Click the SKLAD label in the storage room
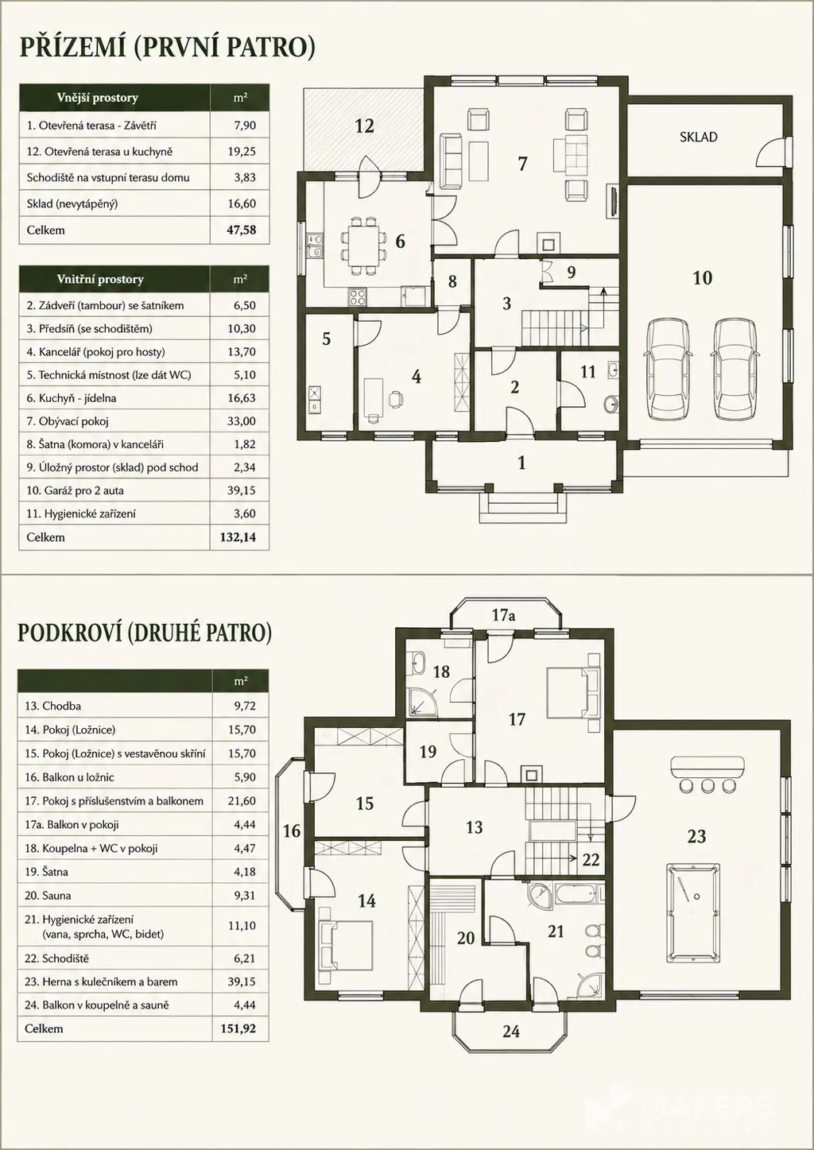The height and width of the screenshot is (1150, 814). pos(699,137)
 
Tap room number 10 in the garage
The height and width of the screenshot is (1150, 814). pos(703,278)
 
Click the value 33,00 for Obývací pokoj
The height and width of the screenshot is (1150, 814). pos(242,421)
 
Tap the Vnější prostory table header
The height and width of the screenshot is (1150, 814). pos(98,98)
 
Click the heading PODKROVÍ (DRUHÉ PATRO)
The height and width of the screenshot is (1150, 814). pos(145,633)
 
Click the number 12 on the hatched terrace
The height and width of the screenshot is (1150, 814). pos(365,126)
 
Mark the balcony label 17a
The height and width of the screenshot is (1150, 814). pos(503,615)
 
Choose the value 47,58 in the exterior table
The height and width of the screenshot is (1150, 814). pos(242,230)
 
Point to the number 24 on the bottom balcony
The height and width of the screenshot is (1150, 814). pos(511,1031)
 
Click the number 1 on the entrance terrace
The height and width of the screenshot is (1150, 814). pos(521,463)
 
